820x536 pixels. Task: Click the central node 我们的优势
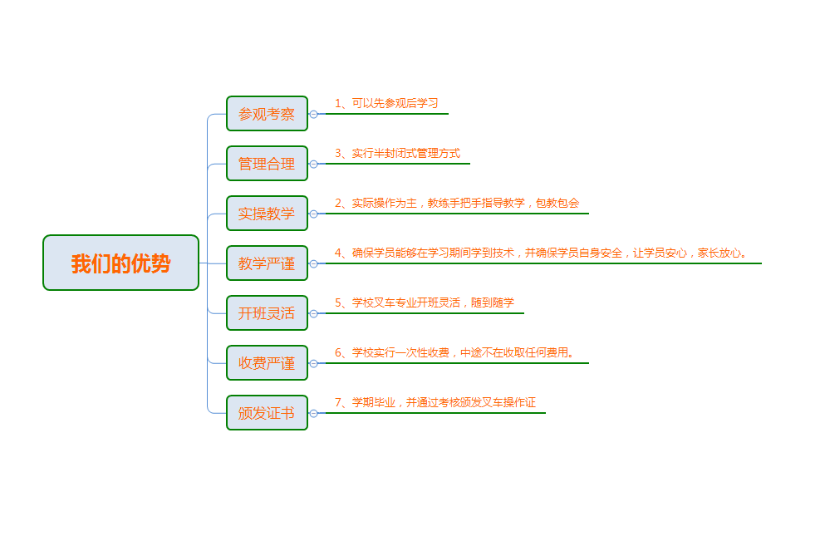(120, 263)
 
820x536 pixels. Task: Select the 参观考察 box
(267, 114)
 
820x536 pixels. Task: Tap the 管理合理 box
(267, 164)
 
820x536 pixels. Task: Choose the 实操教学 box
(267, 214)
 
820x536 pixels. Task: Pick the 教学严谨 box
(267, 263)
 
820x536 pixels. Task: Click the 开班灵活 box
(267, 313)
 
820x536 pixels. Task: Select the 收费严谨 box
(267, 363)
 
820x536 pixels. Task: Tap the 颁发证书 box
(267, 413)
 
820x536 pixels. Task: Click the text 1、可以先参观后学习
(385, 103)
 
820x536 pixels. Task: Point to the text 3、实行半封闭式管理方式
(397, 153)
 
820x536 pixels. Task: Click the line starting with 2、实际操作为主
(457, 203)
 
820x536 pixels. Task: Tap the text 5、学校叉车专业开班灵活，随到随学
(424, 302)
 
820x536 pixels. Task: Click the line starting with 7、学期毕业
(435, 402)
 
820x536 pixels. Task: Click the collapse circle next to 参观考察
(313, 114)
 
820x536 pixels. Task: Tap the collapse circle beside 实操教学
(313, 214)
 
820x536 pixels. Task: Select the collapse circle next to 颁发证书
(313, 413)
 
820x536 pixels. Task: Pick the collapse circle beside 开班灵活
(313, 313)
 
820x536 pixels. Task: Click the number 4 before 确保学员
(338, 253)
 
